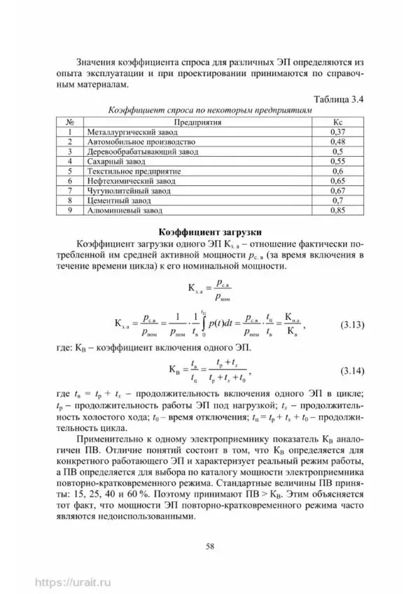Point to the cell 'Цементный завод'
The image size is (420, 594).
click(x=115, y=200)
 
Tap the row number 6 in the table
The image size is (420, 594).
click(x=70, y=181)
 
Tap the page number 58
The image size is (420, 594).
click(x=209, y=546)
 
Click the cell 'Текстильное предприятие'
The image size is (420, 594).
click(x=133, y=171)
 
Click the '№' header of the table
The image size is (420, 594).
click(x=70, y=122)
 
